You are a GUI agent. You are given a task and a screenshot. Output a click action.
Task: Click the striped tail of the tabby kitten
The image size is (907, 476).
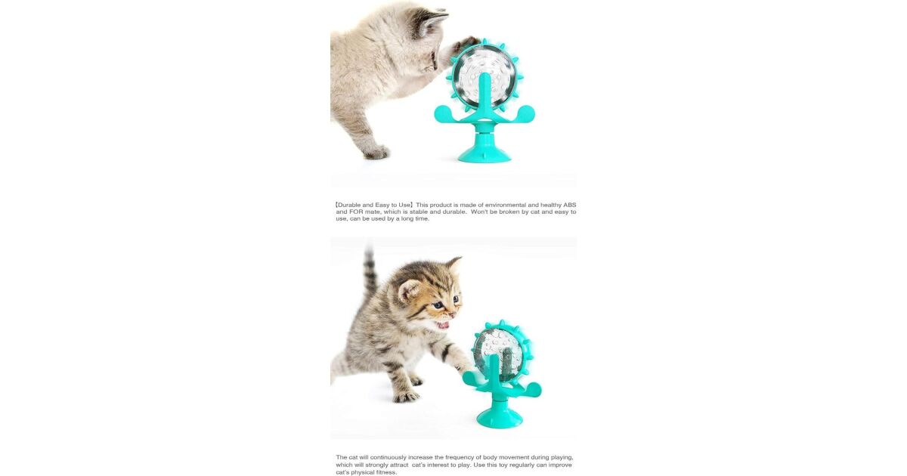coord(369,272)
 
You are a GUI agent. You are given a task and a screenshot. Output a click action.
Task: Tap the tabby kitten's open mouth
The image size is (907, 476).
coord(443,325)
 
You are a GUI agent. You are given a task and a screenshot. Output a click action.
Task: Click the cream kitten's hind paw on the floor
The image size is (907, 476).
coord(376,152)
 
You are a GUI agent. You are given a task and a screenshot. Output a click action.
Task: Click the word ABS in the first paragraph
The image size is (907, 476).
coord(570,205)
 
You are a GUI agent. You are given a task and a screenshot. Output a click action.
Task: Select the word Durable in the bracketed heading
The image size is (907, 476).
coord(349,205)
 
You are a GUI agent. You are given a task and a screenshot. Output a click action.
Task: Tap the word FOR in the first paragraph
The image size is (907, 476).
coord(356,212)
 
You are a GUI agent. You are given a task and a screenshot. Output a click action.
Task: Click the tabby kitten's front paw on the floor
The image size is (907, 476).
coord(406,397)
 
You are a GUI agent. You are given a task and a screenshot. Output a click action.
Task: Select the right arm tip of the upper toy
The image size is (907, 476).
coord(529,112)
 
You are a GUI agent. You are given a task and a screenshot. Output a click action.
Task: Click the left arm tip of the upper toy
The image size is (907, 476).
coord(441,113)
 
